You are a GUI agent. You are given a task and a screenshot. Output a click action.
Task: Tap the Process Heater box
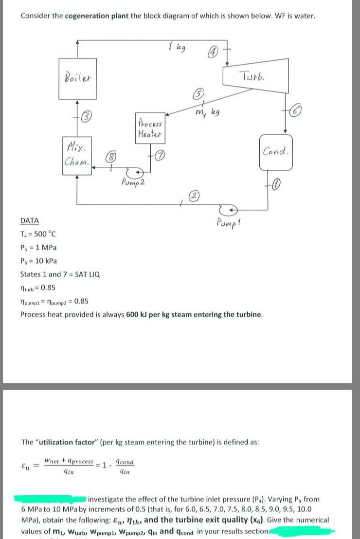tap(151, 128)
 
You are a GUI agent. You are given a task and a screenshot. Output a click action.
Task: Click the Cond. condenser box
tap(277, 152)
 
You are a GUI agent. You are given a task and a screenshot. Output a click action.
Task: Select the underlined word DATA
tap(30, 220)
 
